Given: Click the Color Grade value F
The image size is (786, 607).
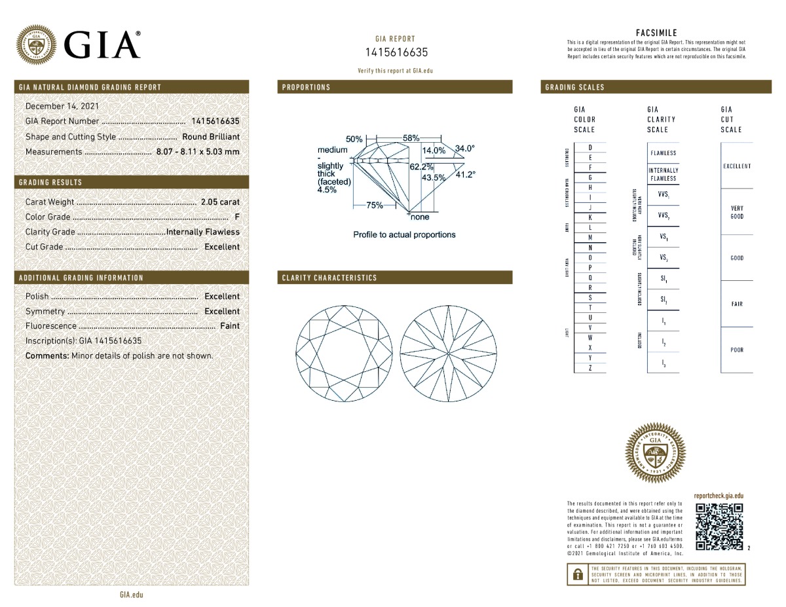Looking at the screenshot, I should (236, 217).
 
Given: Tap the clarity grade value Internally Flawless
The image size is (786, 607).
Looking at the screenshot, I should (203, 232).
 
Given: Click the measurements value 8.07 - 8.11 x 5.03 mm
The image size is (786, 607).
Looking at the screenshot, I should (198, 152).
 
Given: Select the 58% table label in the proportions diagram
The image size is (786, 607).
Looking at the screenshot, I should (411, 138).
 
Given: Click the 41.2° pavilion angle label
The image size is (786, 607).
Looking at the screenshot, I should (465, 174).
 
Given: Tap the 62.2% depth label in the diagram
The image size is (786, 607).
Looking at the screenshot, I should (421, 167).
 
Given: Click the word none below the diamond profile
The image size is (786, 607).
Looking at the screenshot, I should (420, 217).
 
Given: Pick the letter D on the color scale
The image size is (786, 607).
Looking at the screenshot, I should (591, 148).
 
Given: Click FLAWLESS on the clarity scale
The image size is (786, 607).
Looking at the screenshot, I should (663, 153).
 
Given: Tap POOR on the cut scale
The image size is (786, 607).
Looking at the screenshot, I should (737, 350).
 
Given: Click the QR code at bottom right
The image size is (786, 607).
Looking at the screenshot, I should (719, 526).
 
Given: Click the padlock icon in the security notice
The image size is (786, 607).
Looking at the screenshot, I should (578, 575).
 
